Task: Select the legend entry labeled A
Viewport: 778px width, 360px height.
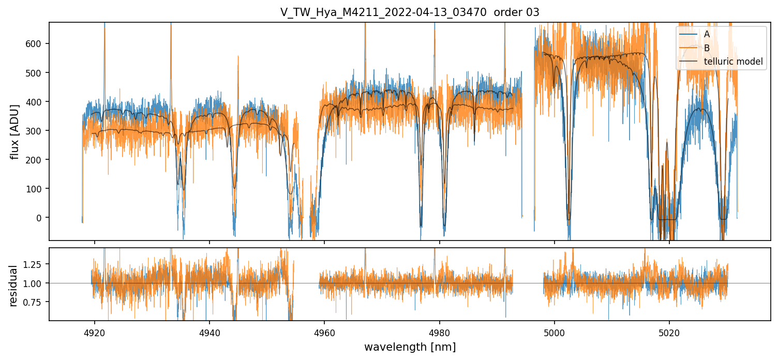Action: [x=707, y=34]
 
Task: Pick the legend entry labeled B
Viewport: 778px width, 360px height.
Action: [x=707, y=48]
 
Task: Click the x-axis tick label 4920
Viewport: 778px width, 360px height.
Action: [x=94, y=332]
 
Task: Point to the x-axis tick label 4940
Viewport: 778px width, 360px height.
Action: [x=210, y=332]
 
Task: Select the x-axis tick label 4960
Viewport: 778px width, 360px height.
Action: [x=324, y=332]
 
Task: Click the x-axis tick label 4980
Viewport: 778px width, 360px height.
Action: [x=440, y=332]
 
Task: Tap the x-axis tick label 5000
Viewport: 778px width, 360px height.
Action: [x=555, y=332]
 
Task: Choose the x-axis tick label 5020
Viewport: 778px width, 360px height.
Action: [x=669, y=332]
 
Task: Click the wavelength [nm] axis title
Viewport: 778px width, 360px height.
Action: [x=410, y=347]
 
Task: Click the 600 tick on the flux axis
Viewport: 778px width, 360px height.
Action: [x=33, y=43]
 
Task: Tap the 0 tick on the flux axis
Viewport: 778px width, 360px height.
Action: [x=38, y=218]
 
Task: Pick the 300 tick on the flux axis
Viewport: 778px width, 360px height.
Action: [x=33, y=131]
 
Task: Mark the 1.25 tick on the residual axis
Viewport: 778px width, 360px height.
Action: [x=32, y=264]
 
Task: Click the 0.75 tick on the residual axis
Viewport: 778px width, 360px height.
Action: [x=32, y=302]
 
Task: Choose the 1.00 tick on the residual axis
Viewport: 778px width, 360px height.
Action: [x=32, y=283]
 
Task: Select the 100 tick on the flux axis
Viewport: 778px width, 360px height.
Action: [x=33, y=189]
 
